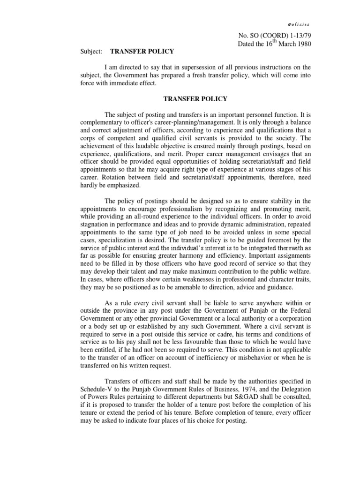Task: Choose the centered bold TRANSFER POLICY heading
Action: (195, 99)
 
